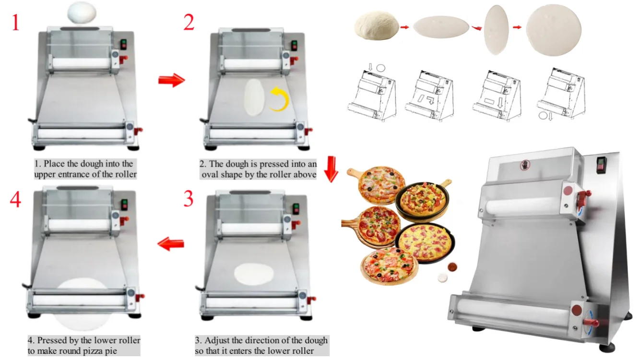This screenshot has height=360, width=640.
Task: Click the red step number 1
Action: [x=16, y=22]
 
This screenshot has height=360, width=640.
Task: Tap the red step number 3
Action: [x=189, y=198]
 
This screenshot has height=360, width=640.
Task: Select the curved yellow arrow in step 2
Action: [x=278, y=99]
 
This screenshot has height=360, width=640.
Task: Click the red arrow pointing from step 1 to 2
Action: [x=171, y=80]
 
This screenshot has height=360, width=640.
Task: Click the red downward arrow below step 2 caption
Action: [x=331, y=169]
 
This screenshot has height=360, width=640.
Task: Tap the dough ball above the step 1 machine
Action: [x=81, y=12]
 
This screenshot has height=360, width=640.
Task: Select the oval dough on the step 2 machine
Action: [x=253, y=97]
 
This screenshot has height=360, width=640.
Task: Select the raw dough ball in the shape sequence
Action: [x=377, y=26]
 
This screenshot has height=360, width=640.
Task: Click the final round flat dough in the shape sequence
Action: [x=554, y=30]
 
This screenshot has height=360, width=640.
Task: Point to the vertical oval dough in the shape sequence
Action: [x=496, y=30]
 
